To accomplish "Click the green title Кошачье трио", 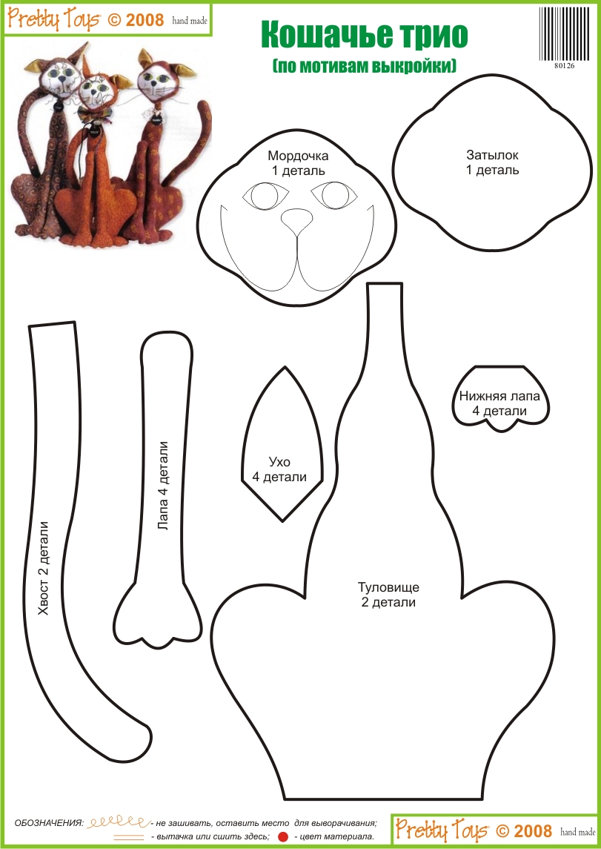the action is [364, 36].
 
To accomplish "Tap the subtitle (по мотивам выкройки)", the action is [364, 65].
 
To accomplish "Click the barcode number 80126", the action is [564, 66].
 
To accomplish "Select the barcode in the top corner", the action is [564, 34].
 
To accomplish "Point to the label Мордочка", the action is [298, 156].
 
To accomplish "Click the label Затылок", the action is [492, 155].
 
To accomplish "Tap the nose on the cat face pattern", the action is [296, 218].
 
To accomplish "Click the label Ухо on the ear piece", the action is [279, 462].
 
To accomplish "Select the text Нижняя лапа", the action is [499, 397].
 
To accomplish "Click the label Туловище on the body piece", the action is [388, 587].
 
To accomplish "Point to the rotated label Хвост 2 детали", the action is [44, 569].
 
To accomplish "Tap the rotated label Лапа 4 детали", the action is [163, 486].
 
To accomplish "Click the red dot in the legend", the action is [282, 836].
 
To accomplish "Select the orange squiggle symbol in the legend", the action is [119, 822].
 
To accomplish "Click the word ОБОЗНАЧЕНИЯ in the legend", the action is [49, 824].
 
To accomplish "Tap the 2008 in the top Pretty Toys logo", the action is [143, 20].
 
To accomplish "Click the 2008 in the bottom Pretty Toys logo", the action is [532, 830].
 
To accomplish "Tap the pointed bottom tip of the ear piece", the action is [282, 521].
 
